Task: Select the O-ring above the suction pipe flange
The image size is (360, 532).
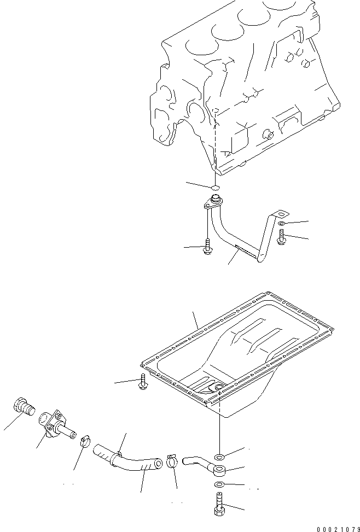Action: (216, 188)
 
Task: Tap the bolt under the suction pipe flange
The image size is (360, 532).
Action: (208, 247)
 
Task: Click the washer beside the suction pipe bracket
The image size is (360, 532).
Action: (281, 224)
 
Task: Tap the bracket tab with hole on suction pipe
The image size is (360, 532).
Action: (279, 214)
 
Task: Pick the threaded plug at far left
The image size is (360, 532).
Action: (22, 408)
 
